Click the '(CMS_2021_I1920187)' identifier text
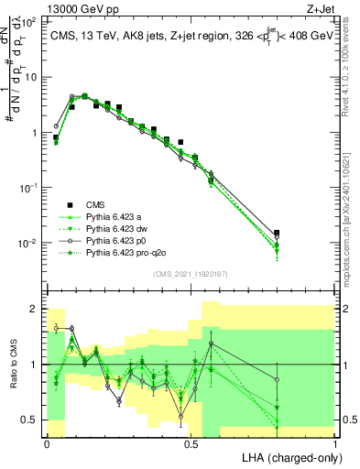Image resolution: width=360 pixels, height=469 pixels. click(x=191, y=273)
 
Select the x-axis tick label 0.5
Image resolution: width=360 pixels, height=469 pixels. click(x=191, y=443)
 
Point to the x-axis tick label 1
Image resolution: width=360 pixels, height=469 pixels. click(x=335, y=443)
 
